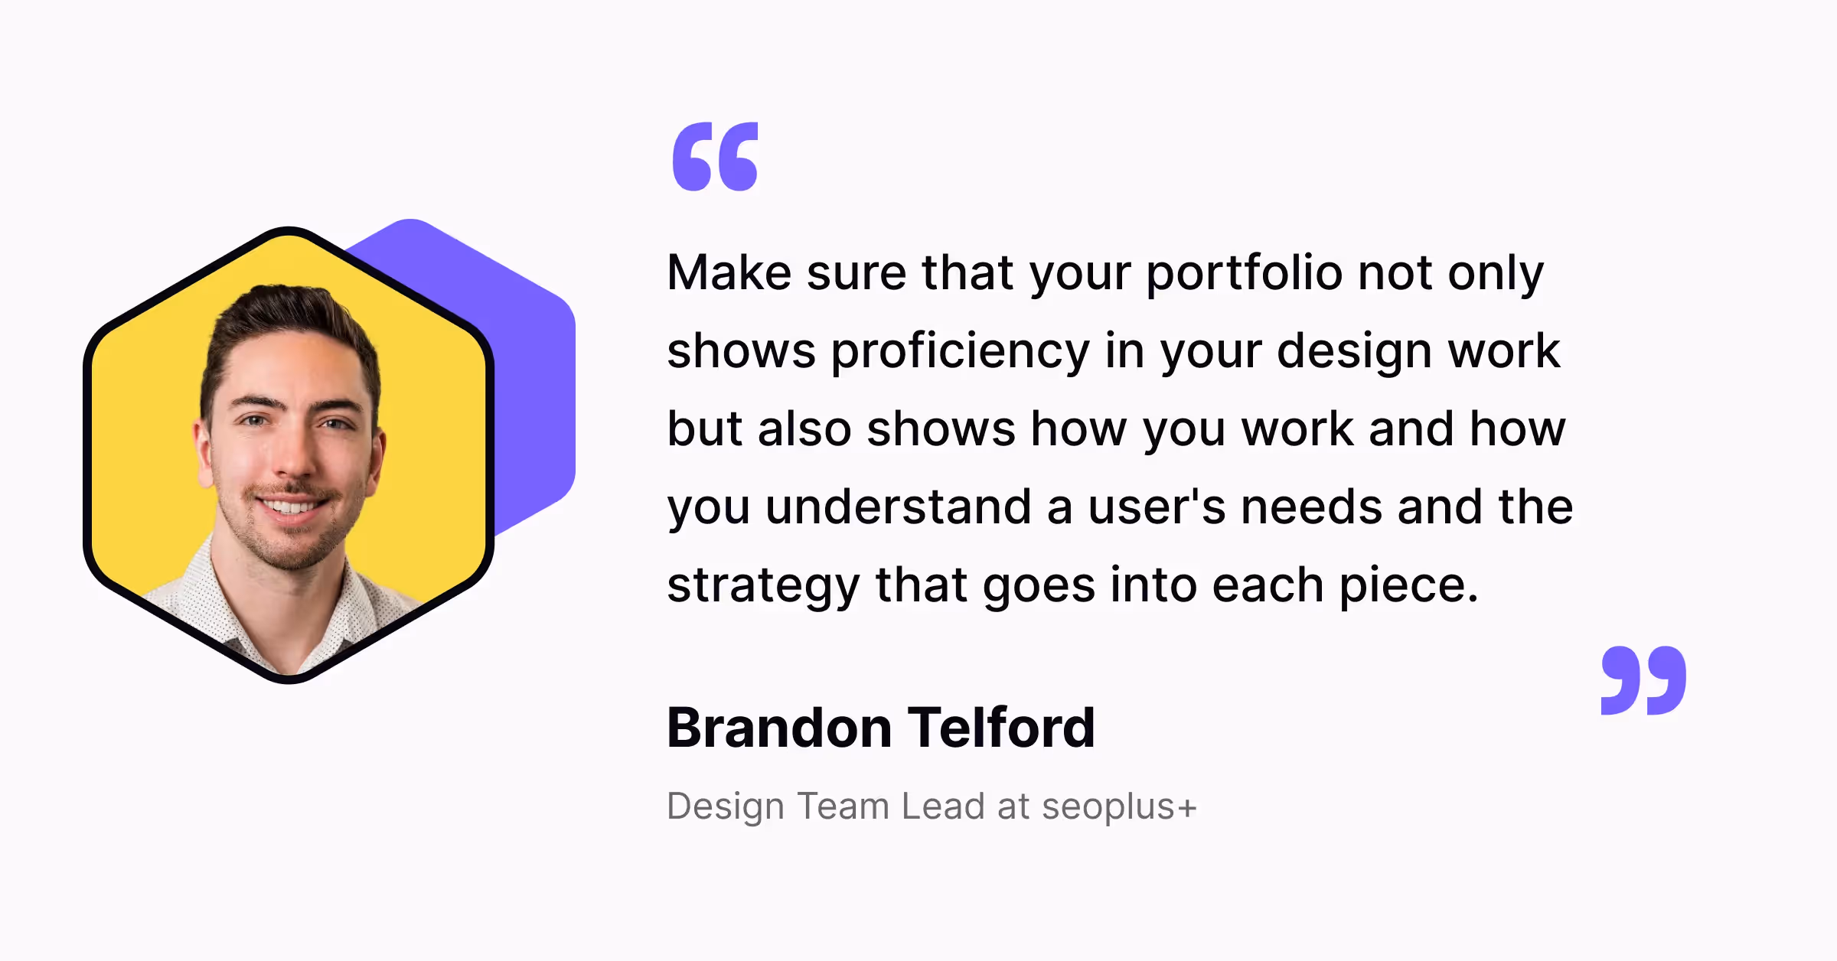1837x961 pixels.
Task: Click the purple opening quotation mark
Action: [715, 156]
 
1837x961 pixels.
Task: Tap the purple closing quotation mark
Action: [1643, 680]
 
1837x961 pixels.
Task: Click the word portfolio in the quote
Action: [1244, 273]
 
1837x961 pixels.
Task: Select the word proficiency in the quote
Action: [960, 352]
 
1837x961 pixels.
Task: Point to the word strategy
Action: [763, 586]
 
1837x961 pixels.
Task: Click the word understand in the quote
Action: [898, 507]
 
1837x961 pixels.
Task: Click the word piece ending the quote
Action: [1407, 586]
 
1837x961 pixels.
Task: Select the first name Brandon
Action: [779, 728]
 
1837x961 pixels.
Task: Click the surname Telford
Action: [1001, 728]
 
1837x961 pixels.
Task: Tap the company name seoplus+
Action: [1119, 806]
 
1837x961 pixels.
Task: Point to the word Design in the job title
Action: [725, 806]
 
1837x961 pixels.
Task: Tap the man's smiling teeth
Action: [290, 507]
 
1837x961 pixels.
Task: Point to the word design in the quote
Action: [1353, 352]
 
